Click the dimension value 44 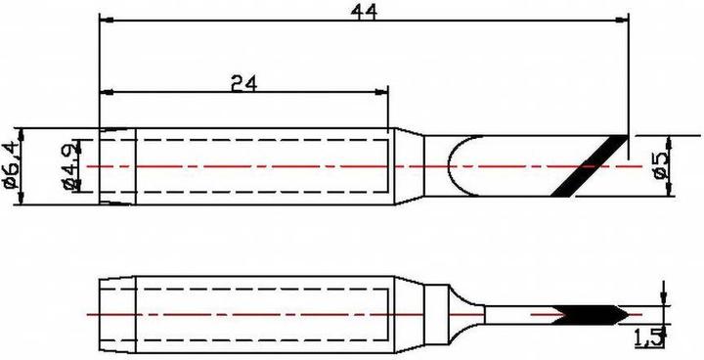364,12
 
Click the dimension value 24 244,83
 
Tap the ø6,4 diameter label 11,166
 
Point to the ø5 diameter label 660,165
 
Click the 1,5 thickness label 649,337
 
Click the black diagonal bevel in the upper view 589,166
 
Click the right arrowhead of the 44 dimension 622,21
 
